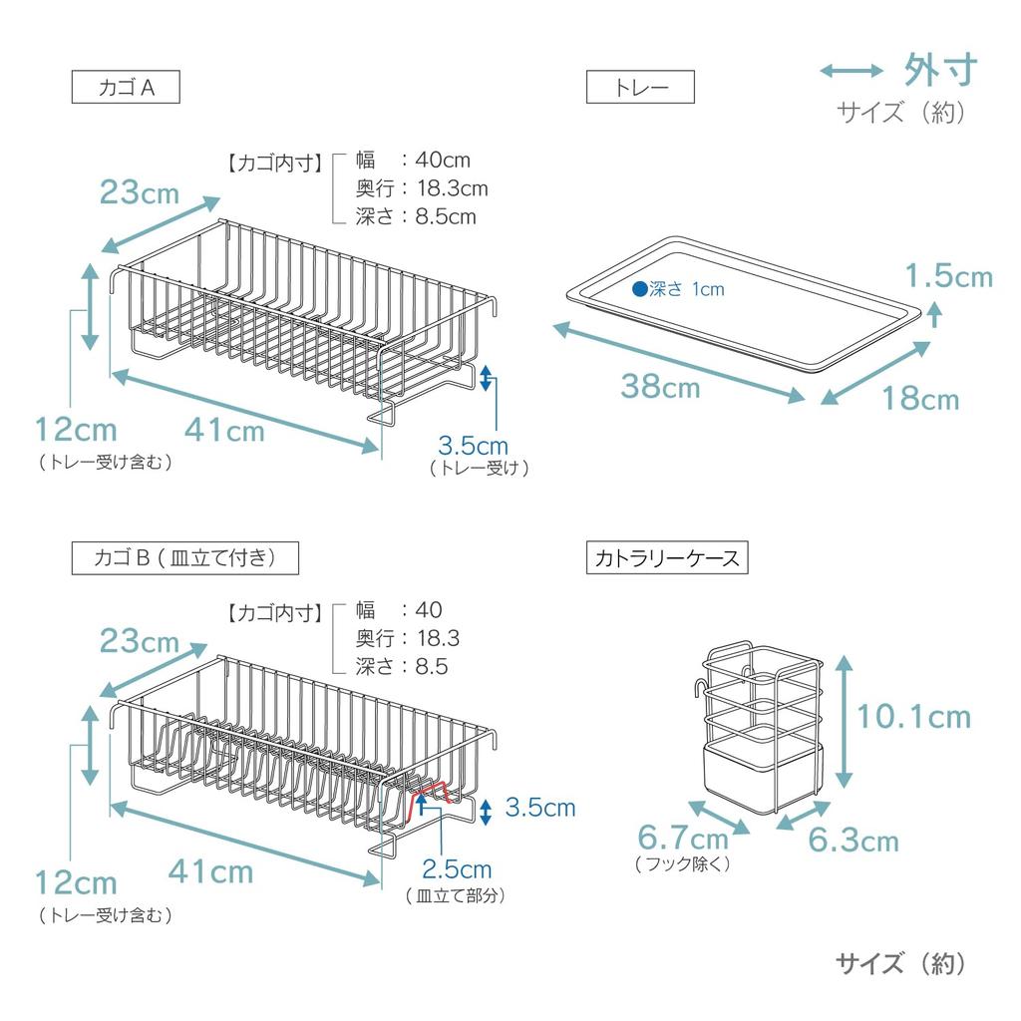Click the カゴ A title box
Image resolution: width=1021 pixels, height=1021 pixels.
coord(126,88)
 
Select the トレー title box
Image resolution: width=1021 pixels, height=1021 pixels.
coord(640,88)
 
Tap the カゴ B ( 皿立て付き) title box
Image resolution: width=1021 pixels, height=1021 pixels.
coord(185,557)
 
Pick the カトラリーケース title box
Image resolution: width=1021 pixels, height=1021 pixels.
coord(667,557)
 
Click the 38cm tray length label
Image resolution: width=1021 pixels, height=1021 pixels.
coord(660,386)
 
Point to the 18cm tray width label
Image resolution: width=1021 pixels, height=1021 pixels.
coord(919,399)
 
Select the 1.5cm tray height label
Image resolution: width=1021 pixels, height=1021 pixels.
coord(949,276)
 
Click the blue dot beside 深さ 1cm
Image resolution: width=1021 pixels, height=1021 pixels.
coord(639,289)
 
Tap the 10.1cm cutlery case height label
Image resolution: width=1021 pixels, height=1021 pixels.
coord(914,716)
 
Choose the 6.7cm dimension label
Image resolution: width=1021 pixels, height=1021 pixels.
coord(683,839)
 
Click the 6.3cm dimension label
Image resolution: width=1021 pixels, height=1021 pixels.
coord(852,841)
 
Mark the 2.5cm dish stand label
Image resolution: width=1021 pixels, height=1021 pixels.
coord(457,870)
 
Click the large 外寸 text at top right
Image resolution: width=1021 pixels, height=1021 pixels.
coord(940,70)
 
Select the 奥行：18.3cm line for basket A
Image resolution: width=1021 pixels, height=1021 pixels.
coord(421,188)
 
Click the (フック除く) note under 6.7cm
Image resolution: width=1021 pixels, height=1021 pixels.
coord(683,864)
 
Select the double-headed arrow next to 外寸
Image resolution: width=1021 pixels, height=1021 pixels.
coord(851,71)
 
